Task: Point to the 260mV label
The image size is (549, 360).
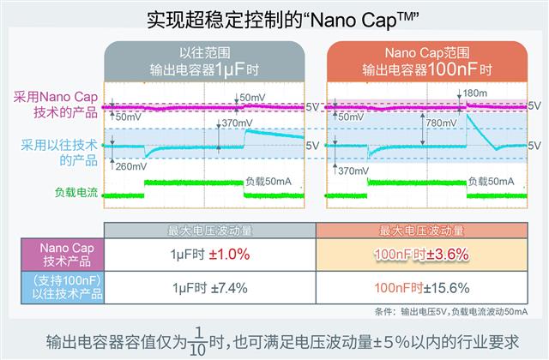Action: [131, 167]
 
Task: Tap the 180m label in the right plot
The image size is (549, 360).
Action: [475, 93]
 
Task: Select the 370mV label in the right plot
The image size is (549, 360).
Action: [354, 171]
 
